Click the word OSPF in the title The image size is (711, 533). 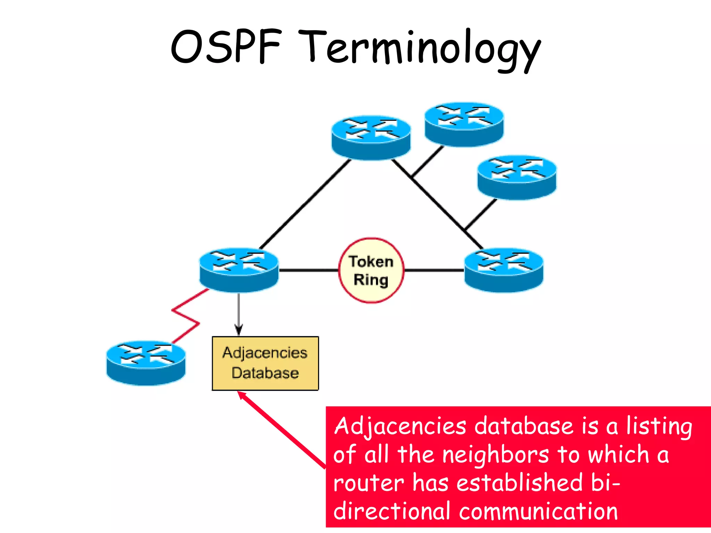click(x=226, y=47)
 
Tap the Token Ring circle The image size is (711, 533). click(x=371, y=270)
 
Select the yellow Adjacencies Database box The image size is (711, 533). click(x=265, y=363)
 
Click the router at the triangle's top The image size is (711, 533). click(x=371, y=138)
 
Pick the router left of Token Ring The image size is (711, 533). click(x=239, y=270)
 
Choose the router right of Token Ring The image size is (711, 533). click(x=504, y=270)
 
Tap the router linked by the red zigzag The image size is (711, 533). click(x=146, y=363)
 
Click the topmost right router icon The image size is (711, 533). click(x=464, y=124)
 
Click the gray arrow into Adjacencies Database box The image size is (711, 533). click(x=239, y=314)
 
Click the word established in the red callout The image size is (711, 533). click(x=519, y=483)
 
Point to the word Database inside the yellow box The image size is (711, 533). click(x=265, y=373)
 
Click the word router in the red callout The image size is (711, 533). click(x=368, y=483)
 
